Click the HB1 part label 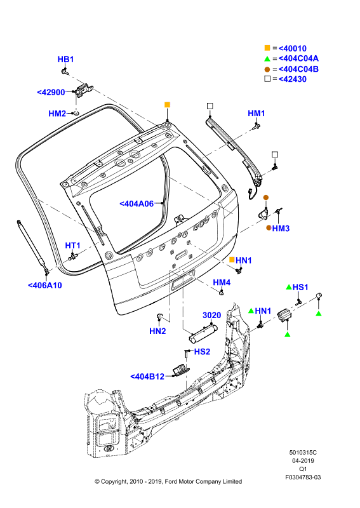[x=65, y=59]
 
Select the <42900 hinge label [x=51, y=92]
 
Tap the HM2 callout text [x=57, y=114]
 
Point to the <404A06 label [x=137, y=204]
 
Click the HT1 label [x=72, y=246]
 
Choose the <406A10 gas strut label [x=44, y=285]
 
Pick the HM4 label [x=222, y=283]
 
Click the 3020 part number [x=211, y=315]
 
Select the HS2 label [x=202, y=352]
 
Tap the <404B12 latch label [x=147, y=377]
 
